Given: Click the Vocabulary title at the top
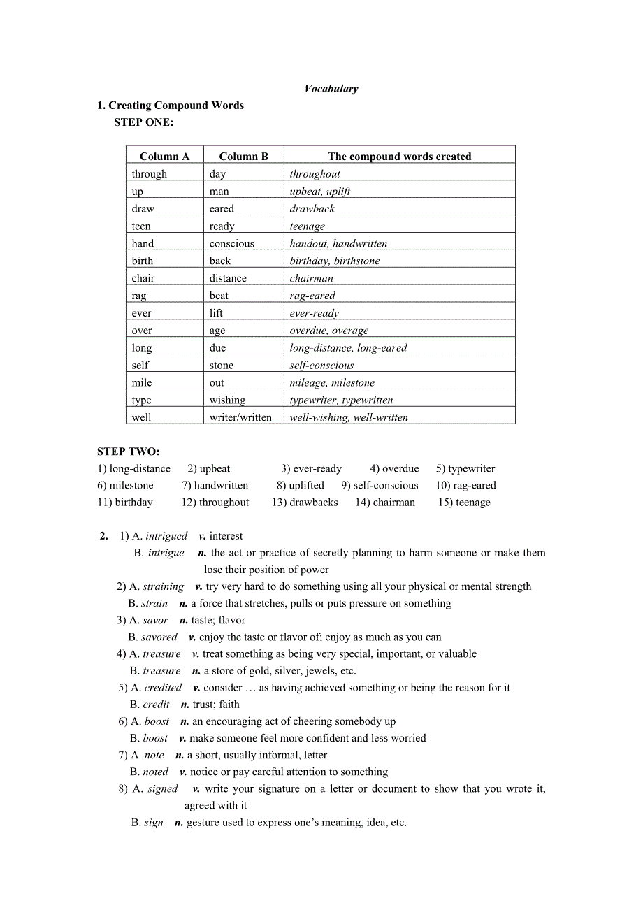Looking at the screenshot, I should click(331, 89).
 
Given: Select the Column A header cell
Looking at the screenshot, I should click(164, 157).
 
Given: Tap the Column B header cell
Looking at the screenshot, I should click(243, 157).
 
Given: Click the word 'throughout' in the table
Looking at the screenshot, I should click(315, 174).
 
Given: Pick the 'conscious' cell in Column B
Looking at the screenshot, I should click(231, 243).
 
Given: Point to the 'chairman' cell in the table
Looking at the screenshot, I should click(311, 278).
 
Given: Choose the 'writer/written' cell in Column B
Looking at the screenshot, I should click(240, 417).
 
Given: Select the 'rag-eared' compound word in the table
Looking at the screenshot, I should click(312, 296).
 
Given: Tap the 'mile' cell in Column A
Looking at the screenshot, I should click(142, 382).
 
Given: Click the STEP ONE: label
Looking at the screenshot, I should click(144, 122).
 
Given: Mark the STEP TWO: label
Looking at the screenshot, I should click(129, 452).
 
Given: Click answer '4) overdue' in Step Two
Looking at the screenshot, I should click(395, 468).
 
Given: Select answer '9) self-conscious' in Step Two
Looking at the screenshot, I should click(380, 485).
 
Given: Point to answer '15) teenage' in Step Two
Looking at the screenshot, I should click(464, 502).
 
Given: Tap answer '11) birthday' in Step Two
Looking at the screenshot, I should click(125, 502).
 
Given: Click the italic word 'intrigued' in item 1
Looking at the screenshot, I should click(166, 536).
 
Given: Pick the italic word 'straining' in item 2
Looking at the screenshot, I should click(164, 586).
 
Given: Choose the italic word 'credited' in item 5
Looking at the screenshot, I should click(163, 688).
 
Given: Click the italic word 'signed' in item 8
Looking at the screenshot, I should click(163, 788).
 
